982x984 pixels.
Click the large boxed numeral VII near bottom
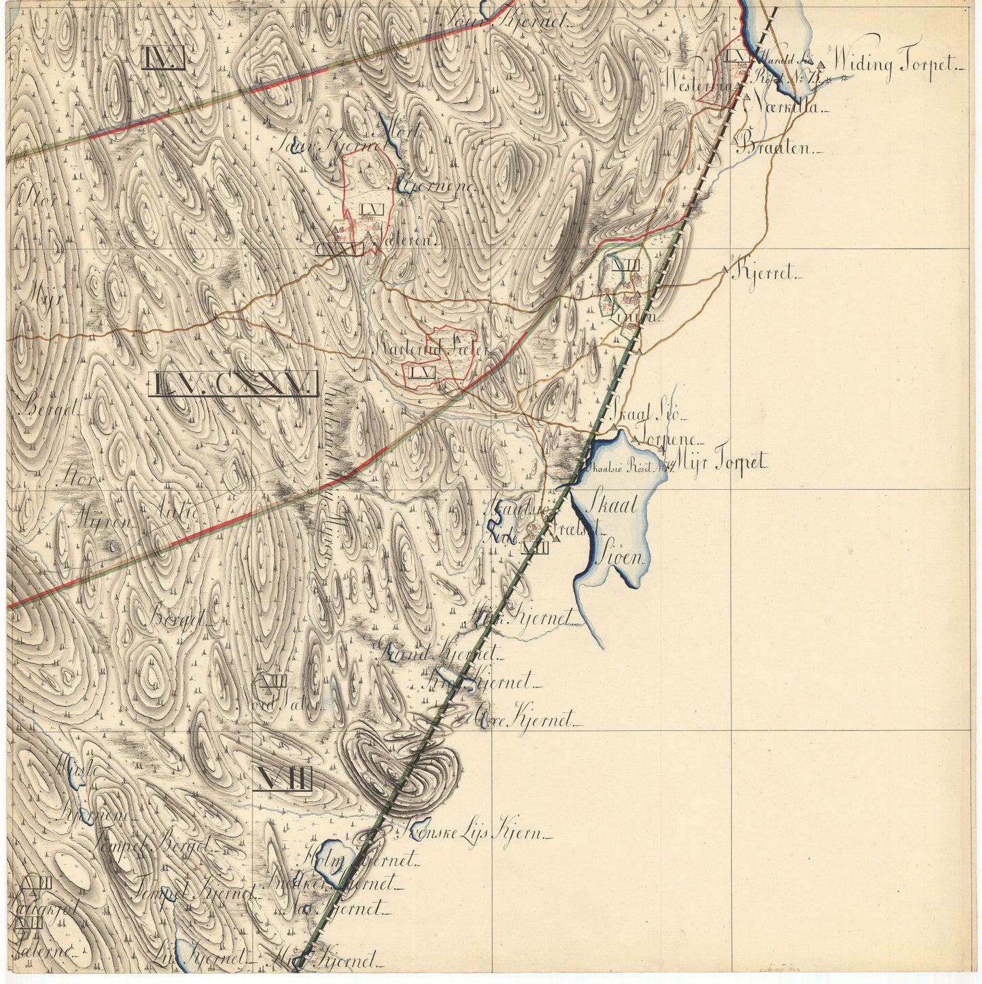[x=283, y=779]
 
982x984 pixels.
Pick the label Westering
[x=700, y=86]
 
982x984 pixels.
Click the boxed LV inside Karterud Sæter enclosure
[x=422, y=373]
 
